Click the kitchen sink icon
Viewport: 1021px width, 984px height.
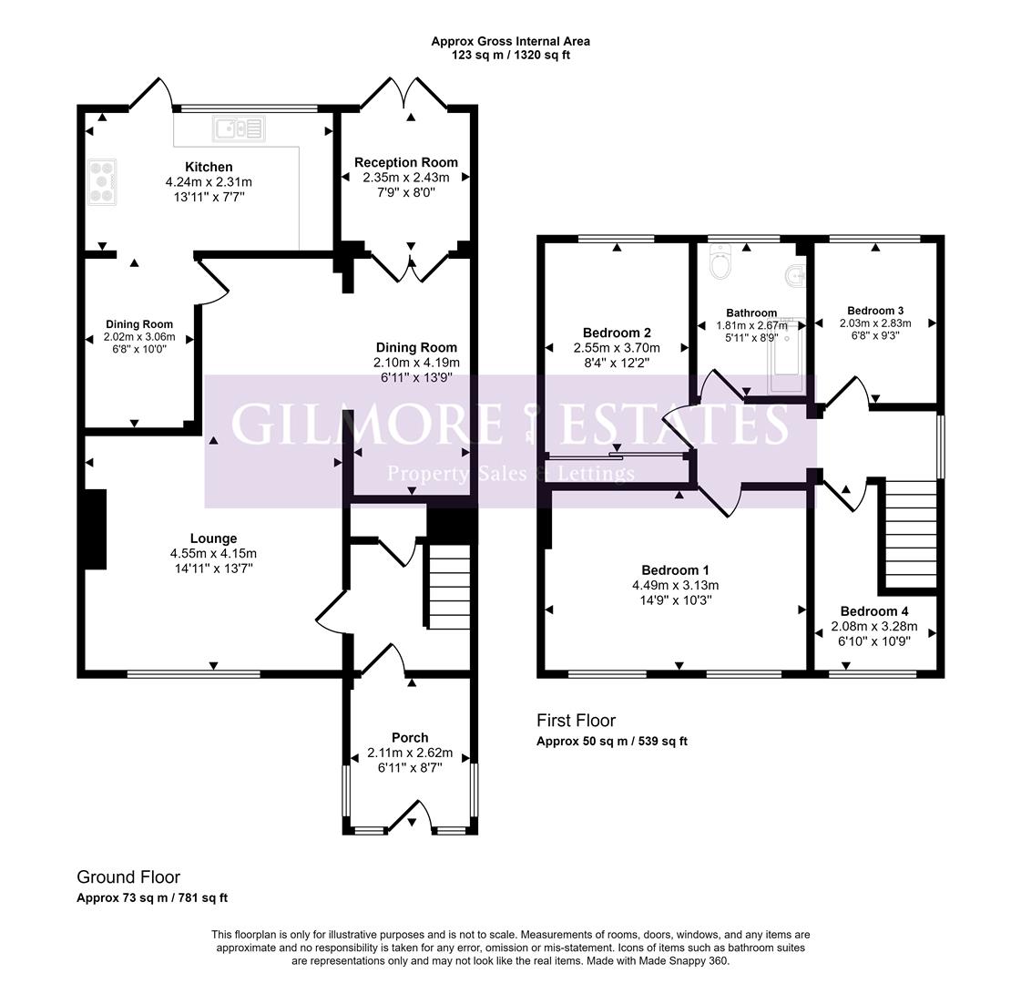pos(239,129)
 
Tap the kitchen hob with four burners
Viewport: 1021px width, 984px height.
pos(101,180)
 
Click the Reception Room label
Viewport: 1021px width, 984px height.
pos(406,162)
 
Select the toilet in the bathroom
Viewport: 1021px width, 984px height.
pos(721,265)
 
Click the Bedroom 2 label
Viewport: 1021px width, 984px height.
pos(617,333)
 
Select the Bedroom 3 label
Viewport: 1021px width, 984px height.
pos(874,310)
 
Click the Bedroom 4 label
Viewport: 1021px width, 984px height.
pos(874,611)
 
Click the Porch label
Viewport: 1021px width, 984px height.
pos(410,737)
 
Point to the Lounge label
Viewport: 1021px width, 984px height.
pos(213,538)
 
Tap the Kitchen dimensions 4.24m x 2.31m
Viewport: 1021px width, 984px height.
pos(209,181)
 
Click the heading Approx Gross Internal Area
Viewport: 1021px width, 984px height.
pos(510,41)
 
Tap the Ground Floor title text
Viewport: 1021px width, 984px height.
pos(128,877)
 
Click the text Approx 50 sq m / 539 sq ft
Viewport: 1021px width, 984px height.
pos(612,741)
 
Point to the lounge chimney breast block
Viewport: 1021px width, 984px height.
pos(95,529)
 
